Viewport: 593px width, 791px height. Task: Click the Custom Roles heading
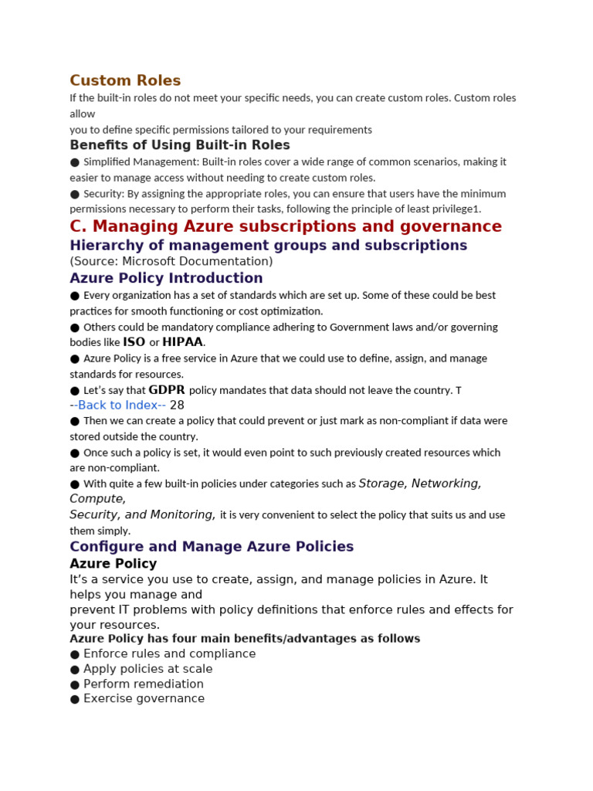[125, 80]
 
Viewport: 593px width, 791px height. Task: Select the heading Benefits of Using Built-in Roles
[180, 145]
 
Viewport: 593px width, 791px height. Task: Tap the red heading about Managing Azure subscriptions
[286, 226]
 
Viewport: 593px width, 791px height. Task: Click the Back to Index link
[121, 406]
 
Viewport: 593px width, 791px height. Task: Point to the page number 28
[177, 406]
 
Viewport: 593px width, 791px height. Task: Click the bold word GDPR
[167, 390]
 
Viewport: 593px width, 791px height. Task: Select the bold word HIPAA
[182, 342]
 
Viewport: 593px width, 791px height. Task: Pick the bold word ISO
[134, 342]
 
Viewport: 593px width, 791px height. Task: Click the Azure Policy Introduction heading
[166, 278]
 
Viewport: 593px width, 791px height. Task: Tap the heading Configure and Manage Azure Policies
[212, 547]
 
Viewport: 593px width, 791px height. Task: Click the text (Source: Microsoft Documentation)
[171, 261]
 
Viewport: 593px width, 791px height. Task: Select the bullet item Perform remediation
[144, 684]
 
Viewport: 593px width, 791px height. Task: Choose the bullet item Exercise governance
[144, 698]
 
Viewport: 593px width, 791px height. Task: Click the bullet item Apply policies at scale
[147, 669]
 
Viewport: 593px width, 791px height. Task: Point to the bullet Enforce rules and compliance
[169, 654]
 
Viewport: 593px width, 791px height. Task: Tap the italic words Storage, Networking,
[420, 484]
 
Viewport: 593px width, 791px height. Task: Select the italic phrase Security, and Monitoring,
[142, 514]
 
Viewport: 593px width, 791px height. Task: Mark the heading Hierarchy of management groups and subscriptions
[268, 246]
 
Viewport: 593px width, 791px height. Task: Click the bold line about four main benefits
[245, 639]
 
